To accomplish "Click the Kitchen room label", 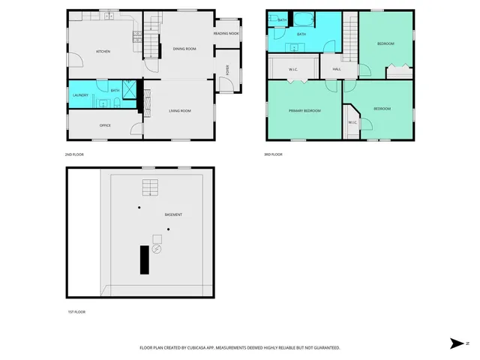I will click(103, 51).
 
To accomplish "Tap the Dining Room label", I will click(184, 49).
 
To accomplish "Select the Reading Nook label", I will click(226, 33).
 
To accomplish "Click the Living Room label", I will click(180, 111).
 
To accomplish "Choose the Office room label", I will click(105, 125).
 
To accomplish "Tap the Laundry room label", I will click(81, 95).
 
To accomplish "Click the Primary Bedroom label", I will click(305, 110).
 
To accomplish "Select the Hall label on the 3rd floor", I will click(337, 69).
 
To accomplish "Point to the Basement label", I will click(173, 214).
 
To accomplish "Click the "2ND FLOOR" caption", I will click(74, 154).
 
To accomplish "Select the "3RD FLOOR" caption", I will click(273, 154).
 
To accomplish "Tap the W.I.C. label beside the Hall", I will click(294, 70).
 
